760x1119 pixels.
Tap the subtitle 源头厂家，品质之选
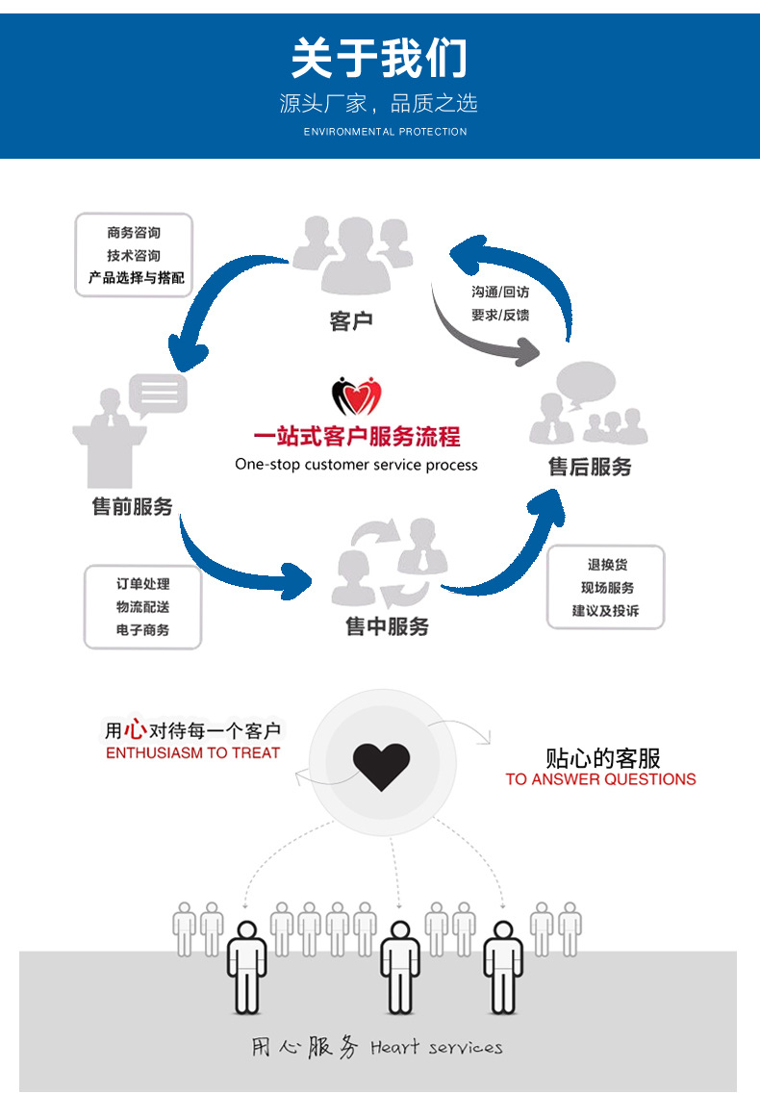pyautogui.click(x=379, y=103)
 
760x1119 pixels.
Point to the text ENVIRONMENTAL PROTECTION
pyautogui.click(x=385, y=132)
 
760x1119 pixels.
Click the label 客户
pyautogui.click(x=350, y=321)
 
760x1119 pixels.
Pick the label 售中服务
pyautogui.click(x=387, y=626)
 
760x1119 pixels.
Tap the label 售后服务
pyautogui.click(x=590, y=467)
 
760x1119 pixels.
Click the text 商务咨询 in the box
pyautogui.click(x=134, y=232)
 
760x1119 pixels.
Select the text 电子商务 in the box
pyautogui.click(x=142, y=630)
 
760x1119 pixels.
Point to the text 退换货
pyautogui.click(x=607, y=565)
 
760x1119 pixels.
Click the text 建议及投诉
pyautogui.click(x=606, y=611)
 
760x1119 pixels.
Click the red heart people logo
pyautogui.click(x=357, y=395)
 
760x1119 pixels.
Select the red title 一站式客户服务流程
pyautogui.click(x=356, y=437)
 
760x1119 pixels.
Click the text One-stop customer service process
pyautogui.click(x=356, y=465)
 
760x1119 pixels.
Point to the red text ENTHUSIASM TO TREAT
pyautogui.click(x=192, y=753)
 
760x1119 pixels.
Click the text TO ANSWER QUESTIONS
pyautogui.click(x=600, y=779)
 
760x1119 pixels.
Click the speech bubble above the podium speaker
pyautogui.click(x=158, y=394)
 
